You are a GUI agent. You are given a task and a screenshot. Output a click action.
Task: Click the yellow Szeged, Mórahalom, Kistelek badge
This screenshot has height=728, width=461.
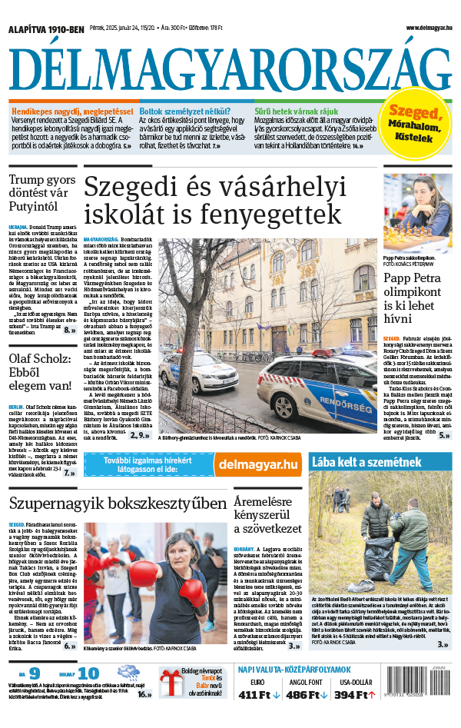(418, 123)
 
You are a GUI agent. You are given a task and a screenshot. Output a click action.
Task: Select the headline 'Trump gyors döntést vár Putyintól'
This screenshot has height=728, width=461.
(41, 193)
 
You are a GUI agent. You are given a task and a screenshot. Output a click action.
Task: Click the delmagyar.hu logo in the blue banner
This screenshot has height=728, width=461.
(269, 464)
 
